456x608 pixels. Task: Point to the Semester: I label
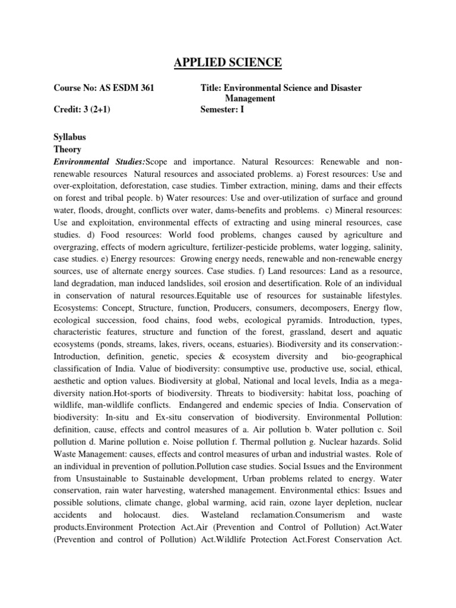[223, 109]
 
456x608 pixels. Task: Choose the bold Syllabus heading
[70, 137]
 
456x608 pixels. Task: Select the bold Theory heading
[68, 150]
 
